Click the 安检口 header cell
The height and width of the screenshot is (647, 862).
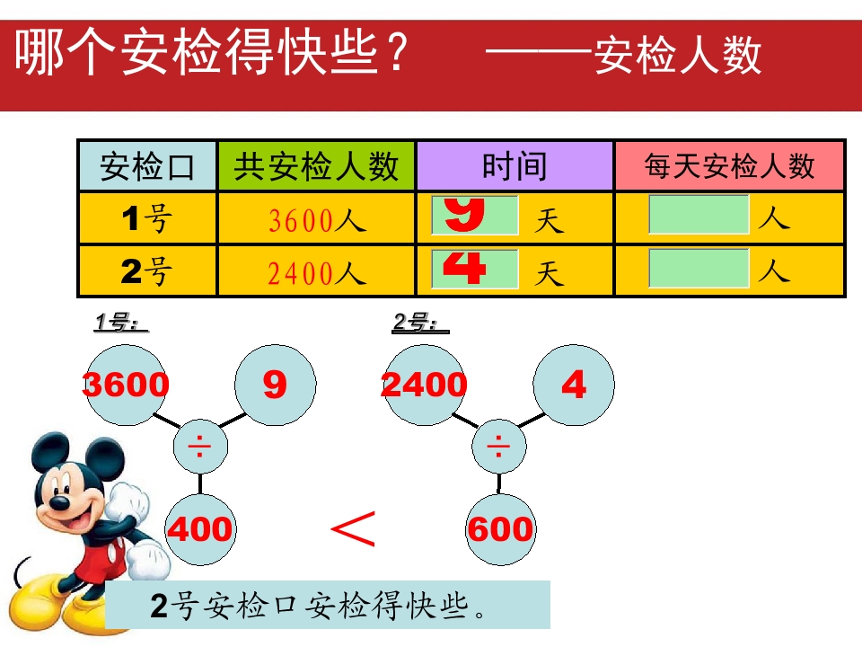[147, 166]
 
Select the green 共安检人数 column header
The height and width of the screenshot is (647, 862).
[317, 166]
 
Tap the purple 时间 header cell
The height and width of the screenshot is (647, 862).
[515, 166]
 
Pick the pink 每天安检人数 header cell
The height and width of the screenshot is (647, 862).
[729, 166]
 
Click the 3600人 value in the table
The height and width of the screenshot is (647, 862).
[317, 221]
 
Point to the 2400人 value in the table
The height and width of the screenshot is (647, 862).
[317, 273]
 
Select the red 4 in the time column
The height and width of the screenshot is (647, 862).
[464, 268]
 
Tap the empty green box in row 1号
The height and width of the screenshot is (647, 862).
[699, 215]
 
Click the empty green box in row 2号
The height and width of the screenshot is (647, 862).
[699, 268]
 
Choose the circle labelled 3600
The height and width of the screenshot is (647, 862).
[127, 385]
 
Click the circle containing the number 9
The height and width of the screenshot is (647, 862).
[276, 385]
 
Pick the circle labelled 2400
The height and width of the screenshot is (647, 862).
[425, 385]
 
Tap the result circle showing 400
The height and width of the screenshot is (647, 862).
[200, 529]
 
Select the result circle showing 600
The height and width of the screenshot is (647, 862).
[500, 529]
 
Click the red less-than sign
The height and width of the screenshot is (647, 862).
[354, 528]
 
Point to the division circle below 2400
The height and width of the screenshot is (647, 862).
[498, 447]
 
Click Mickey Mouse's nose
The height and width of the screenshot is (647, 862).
[60, 501]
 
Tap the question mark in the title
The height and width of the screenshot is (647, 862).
[395, 52]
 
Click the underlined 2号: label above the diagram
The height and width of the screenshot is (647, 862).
[420, 323]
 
